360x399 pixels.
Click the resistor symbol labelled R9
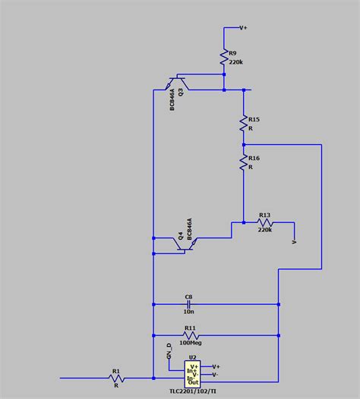(225, 57)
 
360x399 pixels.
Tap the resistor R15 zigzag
(243, 123)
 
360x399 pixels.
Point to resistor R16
(243, 163)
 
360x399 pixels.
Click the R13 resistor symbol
(265, 223)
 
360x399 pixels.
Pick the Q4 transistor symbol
(185, 243)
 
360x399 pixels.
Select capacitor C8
(190, 304)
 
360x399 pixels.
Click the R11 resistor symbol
(191, 335)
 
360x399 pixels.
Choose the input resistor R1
(116, 378)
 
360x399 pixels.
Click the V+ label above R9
(244, 28)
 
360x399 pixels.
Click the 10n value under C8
(190, 312)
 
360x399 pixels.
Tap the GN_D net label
(170, 354)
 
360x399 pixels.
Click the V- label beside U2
(216, 375)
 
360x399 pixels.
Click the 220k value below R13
(265, 230)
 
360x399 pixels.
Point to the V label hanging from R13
(294, 242)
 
